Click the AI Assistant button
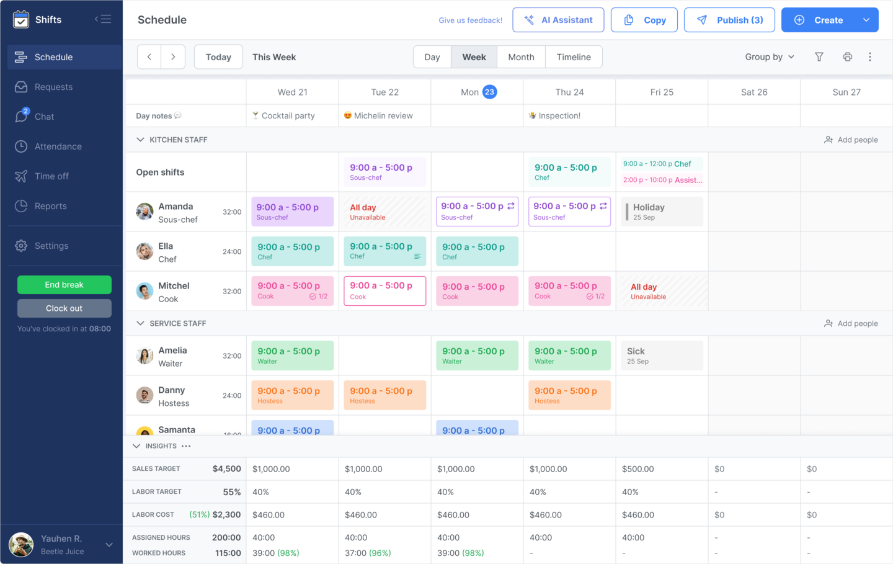[x=558, y=20]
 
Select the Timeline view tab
[x=574, y=57]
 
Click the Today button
[x=218, y=57]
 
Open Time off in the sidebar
[x=51, y=176]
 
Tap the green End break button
[x=64, y=285]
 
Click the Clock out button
[x=64, y=308]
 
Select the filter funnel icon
[x=819, y=57]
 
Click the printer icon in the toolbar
[x=848, y=57]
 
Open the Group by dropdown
[x=770, y=57]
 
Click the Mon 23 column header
[x=478, y=92]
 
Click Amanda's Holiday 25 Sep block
[x=662, y=212]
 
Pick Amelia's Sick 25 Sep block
[x=662, y=356]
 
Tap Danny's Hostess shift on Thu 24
[x=569, y=395]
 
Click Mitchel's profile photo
[x=145, y=291]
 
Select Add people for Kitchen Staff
[x=851, y=140]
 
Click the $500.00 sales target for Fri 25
[x=638, y=469]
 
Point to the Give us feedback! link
[x=471, y=20]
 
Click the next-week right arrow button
[x=173, y=57]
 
